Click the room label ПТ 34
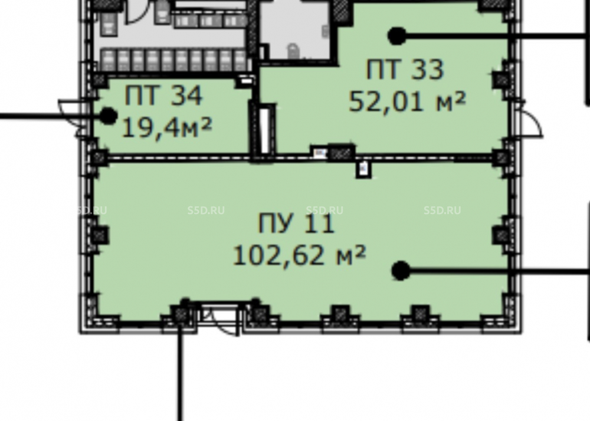click(x=163, y=96)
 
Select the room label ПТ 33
click(x=405, y=70)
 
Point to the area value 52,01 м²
click(x=408, y=101)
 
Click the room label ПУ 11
click(x=297, y=223)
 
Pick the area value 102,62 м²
click(x=300, y=256)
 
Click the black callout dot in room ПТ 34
click(x=109, y=116)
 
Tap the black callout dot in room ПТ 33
click(x=396, y=36)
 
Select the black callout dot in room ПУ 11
click(x=401, y=271)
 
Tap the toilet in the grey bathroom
click(x=293, y=51)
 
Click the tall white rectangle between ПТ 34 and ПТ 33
click(x=264, y=130)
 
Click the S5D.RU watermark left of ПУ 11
click(x=206, y=210)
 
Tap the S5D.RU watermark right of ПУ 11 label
click(x=442, y=210)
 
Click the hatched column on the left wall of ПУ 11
click(x=99, y=235)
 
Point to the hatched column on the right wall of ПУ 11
click(x=501, y=235)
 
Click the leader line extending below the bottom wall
click(x=181, y=373)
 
